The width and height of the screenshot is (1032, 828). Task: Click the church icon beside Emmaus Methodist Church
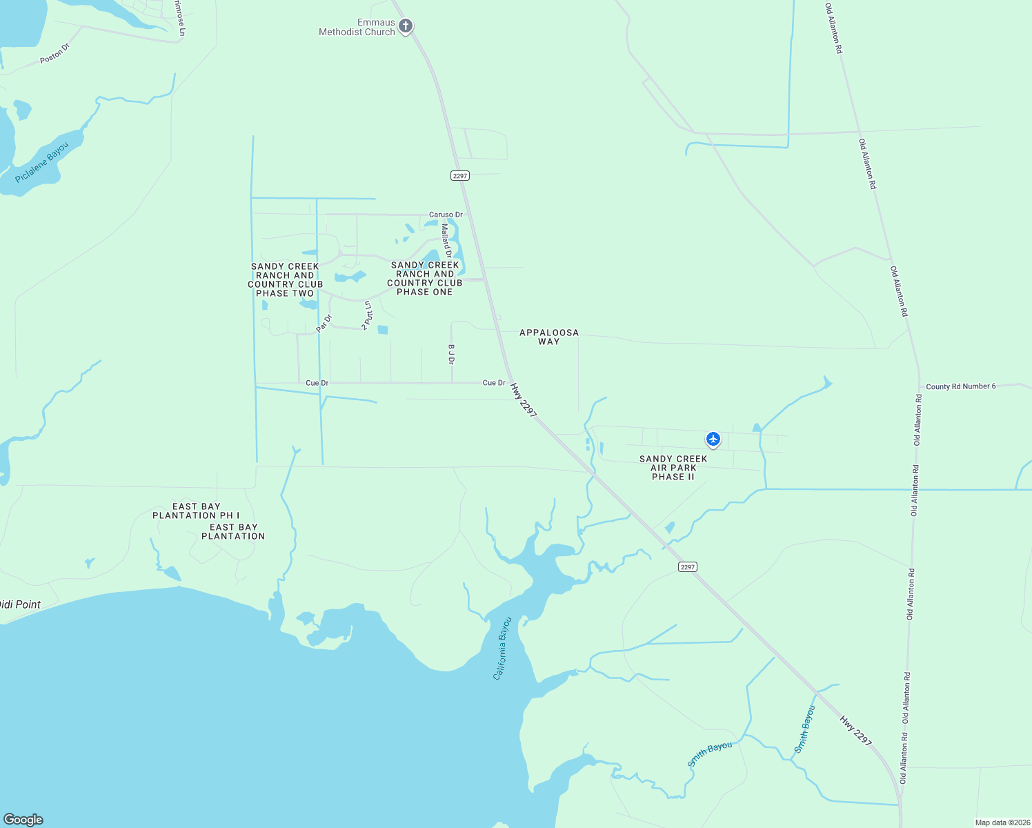click(406, 27)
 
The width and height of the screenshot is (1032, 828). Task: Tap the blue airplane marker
click(713, 439)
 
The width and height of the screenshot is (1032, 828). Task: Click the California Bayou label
click(502, 648)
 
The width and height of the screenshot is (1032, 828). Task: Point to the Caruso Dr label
click(446, 215)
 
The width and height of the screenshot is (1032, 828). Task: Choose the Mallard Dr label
click(446, 241)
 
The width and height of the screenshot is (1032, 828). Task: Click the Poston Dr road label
click(54, 54)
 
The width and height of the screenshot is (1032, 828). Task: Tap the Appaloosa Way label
click(549, 337)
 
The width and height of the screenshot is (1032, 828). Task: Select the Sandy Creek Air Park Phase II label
click(673, 468)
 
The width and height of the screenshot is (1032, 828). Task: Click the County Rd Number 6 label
click(961, 386)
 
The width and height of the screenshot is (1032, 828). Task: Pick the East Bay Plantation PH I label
click(197, 511)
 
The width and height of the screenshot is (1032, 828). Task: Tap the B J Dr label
click(452, 355)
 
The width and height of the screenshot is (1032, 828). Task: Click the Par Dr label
click(324, 323)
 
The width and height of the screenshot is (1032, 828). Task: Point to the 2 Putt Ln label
click(368, 315)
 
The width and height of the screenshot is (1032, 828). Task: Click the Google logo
click(23, 820)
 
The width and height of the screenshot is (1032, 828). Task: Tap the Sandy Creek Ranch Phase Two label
click(286, 279)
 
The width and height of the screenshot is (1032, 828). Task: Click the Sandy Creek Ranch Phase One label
click(425, 278)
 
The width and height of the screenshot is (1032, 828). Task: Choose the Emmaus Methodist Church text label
click(357, 27)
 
